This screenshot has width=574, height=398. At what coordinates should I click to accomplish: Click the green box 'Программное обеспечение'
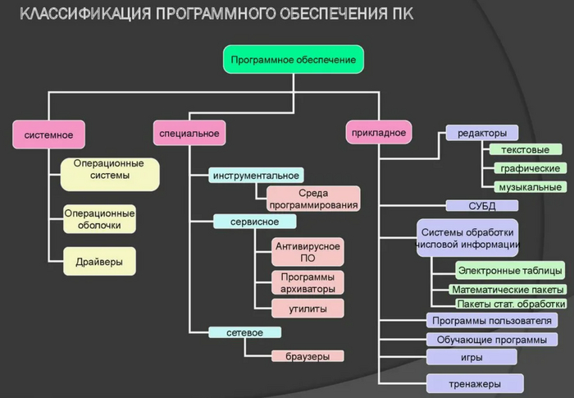coord(293,60)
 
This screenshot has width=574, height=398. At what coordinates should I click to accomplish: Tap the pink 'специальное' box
coord(189,133)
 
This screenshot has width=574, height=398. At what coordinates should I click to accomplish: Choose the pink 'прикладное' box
coord(378,131)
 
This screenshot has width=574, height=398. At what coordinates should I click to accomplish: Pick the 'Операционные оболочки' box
coord(99,218)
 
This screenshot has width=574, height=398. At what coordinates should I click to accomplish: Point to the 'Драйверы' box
coord(99,261)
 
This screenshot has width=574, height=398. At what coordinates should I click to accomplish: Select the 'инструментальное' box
coord(256,175)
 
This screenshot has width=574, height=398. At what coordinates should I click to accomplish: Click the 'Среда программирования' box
coord(313,199)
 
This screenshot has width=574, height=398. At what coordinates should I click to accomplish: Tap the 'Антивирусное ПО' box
coord(307,252)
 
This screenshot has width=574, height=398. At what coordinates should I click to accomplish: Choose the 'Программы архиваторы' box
coord(307,282)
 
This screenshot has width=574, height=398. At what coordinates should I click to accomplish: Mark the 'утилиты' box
coord(307,309)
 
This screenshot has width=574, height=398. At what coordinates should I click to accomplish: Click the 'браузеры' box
coord(307,356)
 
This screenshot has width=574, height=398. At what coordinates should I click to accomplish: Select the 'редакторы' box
coord(482,133)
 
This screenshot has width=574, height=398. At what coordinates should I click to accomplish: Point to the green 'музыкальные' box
coord(529,187)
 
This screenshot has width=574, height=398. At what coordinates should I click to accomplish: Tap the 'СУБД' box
coord(482,206)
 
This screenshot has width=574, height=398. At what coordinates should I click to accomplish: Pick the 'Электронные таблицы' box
coord(510,270)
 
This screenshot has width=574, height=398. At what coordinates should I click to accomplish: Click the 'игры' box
coord(471,357)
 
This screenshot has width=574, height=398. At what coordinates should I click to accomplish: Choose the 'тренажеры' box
coord(475,383)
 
